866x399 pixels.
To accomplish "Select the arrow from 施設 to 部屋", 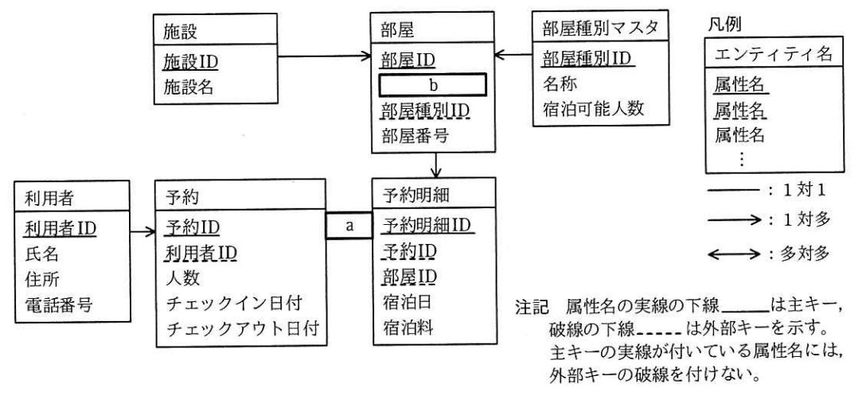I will coord(326,57).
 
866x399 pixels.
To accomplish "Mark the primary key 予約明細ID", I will coord(423,224).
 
